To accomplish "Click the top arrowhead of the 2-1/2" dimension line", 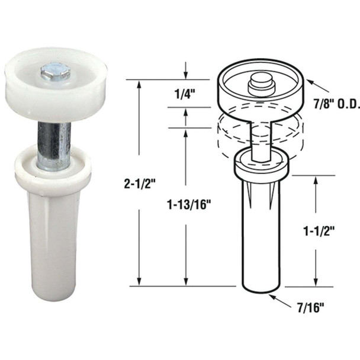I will (140, 83).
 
